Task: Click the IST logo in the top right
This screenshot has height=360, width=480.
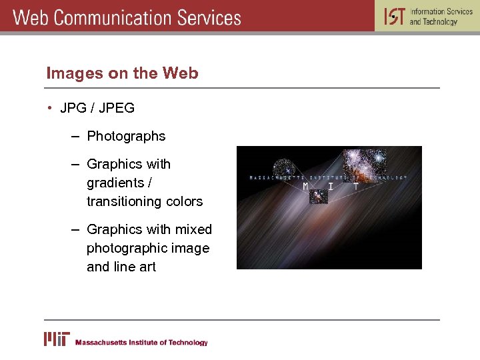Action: (x=394, y=16)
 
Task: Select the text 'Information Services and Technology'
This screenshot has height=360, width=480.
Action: (x=441, y=17)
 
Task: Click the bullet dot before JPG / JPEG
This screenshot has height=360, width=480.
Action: (x=50, y=108)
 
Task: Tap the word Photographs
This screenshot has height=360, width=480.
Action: (x=126, y=136)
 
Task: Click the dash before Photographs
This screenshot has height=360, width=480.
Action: (x=75, y=136)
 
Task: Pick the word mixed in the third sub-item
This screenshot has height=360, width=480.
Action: (x=194, y=229)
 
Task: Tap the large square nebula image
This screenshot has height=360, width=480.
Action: (x=364, y=165)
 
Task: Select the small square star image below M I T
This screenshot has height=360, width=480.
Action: (x=317, y=197)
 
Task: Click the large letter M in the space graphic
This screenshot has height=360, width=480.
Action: (x=306, y=187)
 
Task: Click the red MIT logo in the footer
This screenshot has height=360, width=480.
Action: (x=57, y=339)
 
